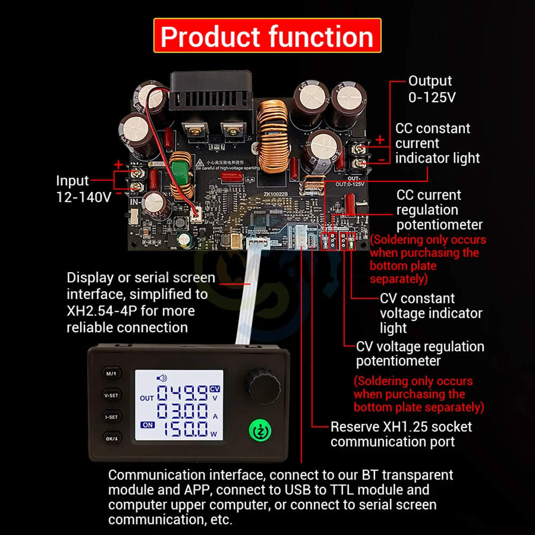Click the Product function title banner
pos(267,36)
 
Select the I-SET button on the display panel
pos(111,415)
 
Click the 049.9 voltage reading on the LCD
pos(182,395)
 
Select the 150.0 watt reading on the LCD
pos(182,429)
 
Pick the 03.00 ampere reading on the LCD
pos(182,412)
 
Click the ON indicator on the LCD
pos(147,425)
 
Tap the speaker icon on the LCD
pos(161,377)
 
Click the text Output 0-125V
pos(430,88)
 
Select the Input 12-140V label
pos(83,189)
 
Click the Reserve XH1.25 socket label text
pos(401,434)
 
